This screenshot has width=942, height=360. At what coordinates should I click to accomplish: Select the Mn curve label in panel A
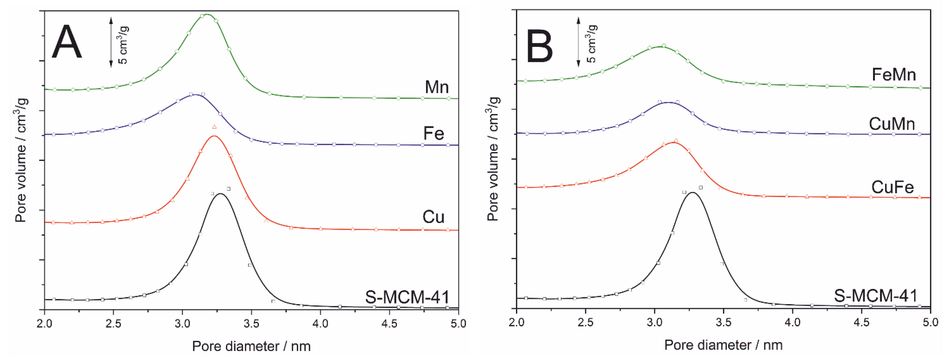(x=436, y=87)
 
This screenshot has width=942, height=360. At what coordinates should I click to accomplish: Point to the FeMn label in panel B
(x=893, y=75)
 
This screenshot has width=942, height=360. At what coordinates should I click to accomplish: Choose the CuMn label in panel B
(x=892, y=124)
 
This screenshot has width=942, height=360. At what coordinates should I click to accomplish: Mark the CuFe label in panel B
(x=892, y=187)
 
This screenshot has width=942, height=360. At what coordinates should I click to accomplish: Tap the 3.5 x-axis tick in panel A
(x=251, y=324)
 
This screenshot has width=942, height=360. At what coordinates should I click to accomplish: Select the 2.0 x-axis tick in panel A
(x=44, y=324)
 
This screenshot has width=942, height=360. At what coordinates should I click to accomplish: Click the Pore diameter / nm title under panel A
(x=251, y=346)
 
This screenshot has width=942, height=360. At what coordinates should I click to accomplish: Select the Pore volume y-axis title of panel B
(x=494, y=159)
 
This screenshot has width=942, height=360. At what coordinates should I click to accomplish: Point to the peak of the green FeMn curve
(x=661, y=46)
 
